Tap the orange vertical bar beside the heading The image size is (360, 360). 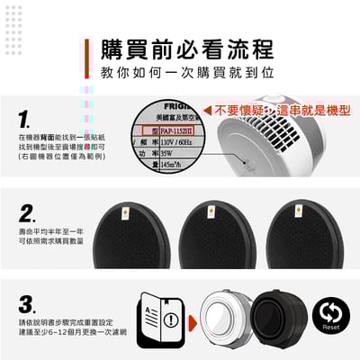click(88, 58)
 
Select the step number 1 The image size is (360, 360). click(24, 118)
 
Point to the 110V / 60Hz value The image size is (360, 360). click(167, 141)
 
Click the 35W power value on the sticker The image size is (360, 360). click(160, 153)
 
